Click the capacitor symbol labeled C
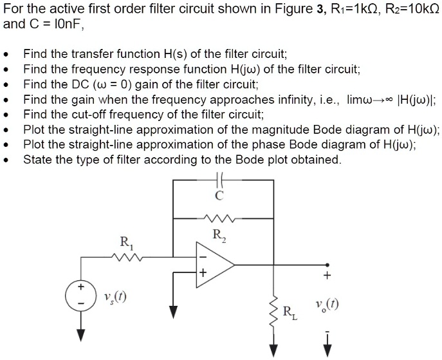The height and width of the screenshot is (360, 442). click(219, 178)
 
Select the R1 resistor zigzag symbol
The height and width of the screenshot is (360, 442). click(124, 258)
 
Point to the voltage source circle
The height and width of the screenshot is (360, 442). click(82, 296)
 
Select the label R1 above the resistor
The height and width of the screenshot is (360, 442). click(124, 243)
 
